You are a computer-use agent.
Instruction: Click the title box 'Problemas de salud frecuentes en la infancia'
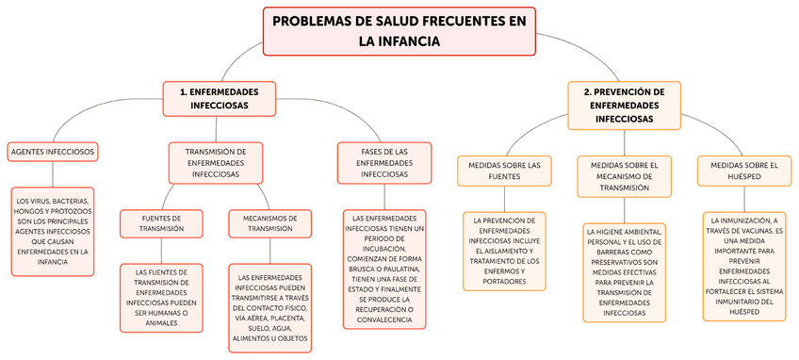[x=399, y=30]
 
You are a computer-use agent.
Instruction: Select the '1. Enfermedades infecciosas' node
[x=220, y=99]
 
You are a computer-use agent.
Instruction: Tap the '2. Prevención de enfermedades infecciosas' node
[x=623, y=106]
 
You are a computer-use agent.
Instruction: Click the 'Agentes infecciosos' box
[x=53, y=151]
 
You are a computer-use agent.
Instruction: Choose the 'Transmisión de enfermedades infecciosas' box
[x=216, y=162]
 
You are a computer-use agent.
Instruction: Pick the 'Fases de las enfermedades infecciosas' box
[x=384, y=162]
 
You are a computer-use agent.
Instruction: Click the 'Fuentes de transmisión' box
[x=161, y=222]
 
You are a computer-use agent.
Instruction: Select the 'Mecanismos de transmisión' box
[x=269, y=222]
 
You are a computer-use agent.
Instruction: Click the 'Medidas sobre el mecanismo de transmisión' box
[x=624, y=175]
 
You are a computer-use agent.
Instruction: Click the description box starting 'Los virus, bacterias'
[x=53, y=231]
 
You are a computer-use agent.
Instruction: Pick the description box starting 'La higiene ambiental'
[x=624, y=271]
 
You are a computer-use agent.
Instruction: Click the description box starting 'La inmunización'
[x=743, y=266]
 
